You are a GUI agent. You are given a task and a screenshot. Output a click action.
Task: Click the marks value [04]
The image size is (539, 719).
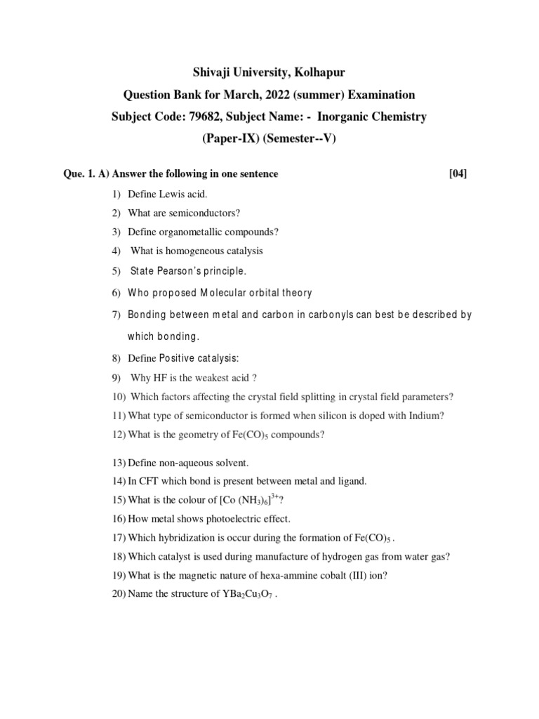click(x=458, y=174)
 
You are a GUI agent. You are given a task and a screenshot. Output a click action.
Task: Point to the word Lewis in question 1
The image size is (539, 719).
click(x=171, y=193)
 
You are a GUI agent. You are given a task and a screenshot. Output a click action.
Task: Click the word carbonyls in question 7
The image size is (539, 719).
click(x=328, y=315)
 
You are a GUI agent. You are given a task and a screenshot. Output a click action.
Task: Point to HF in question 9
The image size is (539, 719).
click(x=163, y=377)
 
